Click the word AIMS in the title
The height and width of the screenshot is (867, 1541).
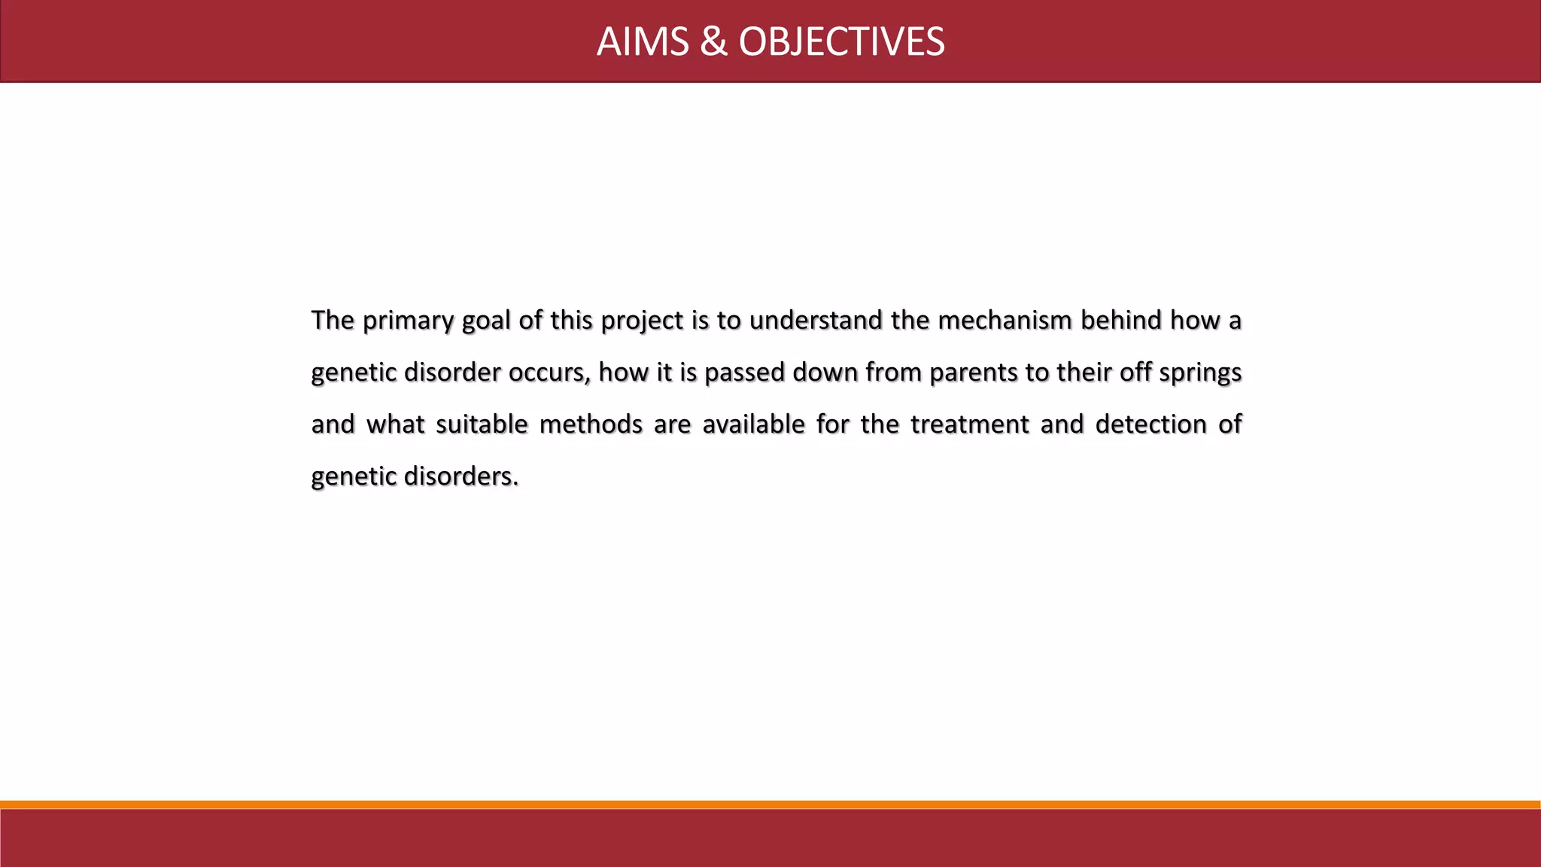click(643, 42)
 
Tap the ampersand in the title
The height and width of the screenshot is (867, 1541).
click(713, 42)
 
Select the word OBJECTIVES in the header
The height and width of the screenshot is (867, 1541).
click(841, 42)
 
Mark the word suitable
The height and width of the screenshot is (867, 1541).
click(482, 424)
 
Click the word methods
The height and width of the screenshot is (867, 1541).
click(591, 424)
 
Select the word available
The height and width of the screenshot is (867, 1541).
click(753, 424)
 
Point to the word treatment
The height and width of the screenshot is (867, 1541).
click(969, 424)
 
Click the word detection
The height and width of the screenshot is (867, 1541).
click(1151, 424)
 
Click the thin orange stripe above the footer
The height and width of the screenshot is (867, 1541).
click(770, 805)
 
